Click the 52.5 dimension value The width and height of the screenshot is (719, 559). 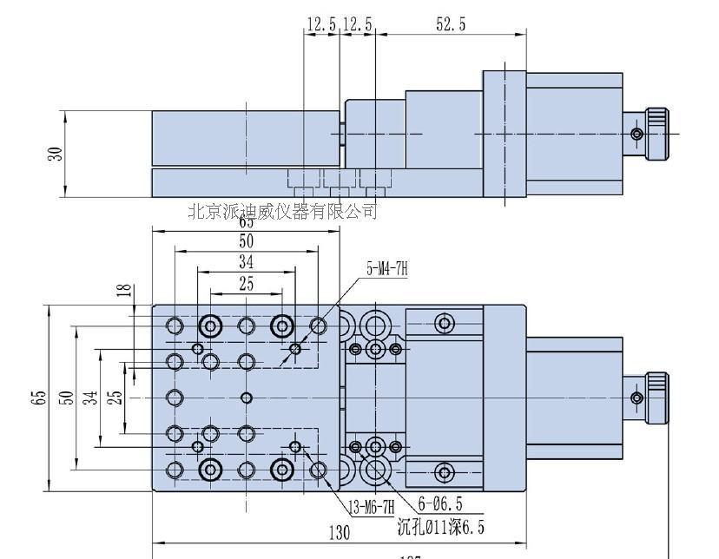[450, 24]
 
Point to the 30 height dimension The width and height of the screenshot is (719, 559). [56, 153]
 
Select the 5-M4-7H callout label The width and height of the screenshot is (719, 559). [386, 269]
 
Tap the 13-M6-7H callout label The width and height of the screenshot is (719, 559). [371, 506]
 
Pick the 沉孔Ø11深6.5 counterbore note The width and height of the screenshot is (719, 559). [440, 526]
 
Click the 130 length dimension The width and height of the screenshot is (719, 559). [340, 532]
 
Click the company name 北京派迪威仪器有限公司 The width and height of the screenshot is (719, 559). [283, 211]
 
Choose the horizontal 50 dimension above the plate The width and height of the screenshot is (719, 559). [247, 240]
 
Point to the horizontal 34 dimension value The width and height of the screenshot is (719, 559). [247, 261]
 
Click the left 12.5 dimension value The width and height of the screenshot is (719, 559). [320, 24]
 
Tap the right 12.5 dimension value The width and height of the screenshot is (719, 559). [357, 24]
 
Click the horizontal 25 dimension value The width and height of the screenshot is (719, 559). [247, 284]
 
